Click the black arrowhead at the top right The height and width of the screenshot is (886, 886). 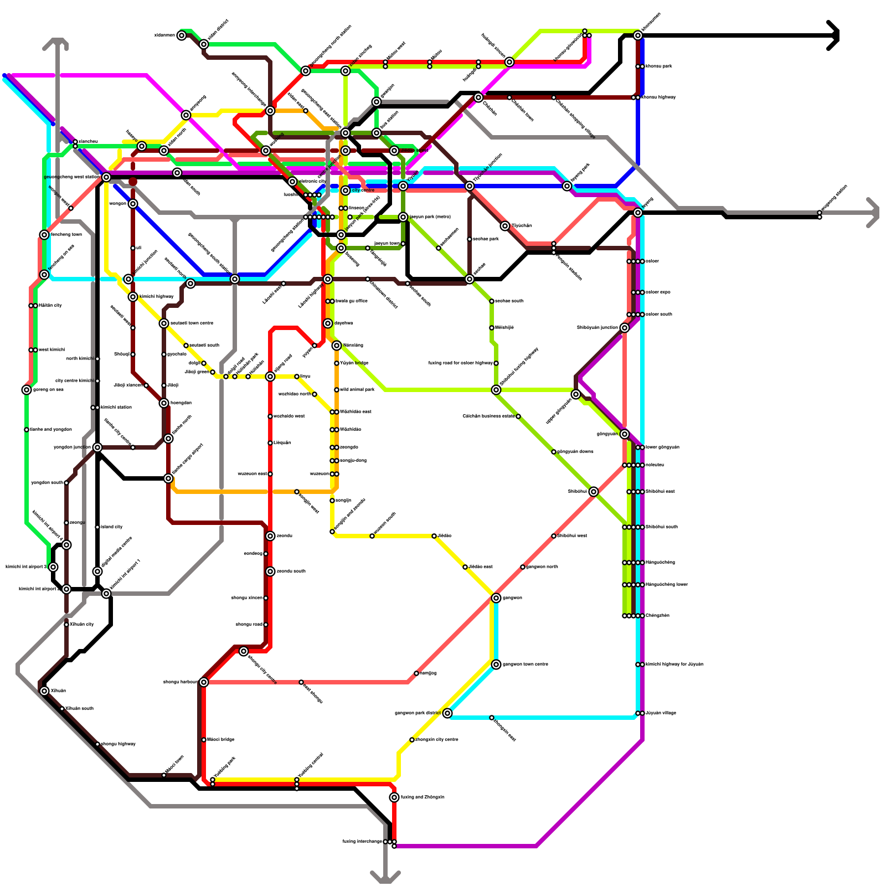834,35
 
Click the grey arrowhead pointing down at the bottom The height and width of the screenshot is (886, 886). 385,877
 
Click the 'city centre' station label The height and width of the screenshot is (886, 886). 363,190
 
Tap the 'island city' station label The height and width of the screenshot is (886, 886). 112,527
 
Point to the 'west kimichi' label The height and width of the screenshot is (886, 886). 51,350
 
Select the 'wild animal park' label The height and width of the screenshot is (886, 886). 357,390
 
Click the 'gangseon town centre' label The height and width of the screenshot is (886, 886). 526,664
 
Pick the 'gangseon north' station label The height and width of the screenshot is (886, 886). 542,567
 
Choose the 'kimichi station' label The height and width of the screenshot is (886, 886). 116,408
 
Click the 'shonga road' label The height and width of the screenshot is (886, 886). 249,625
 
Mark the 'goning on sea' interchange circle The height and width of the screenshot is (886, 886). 27,390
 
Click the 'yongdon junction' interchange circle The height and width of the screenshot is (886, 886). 97,447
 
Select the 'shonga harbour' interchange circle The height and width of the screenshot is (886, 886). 204,682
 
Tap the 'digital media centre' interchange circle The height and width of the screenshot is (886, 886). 97,571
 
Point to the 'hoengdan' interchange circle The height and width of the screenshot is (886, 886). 164,403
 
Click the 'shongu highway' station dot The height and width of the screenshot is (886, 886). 97,744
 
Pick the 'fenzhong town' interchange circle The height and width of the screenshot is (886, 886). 44,235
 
